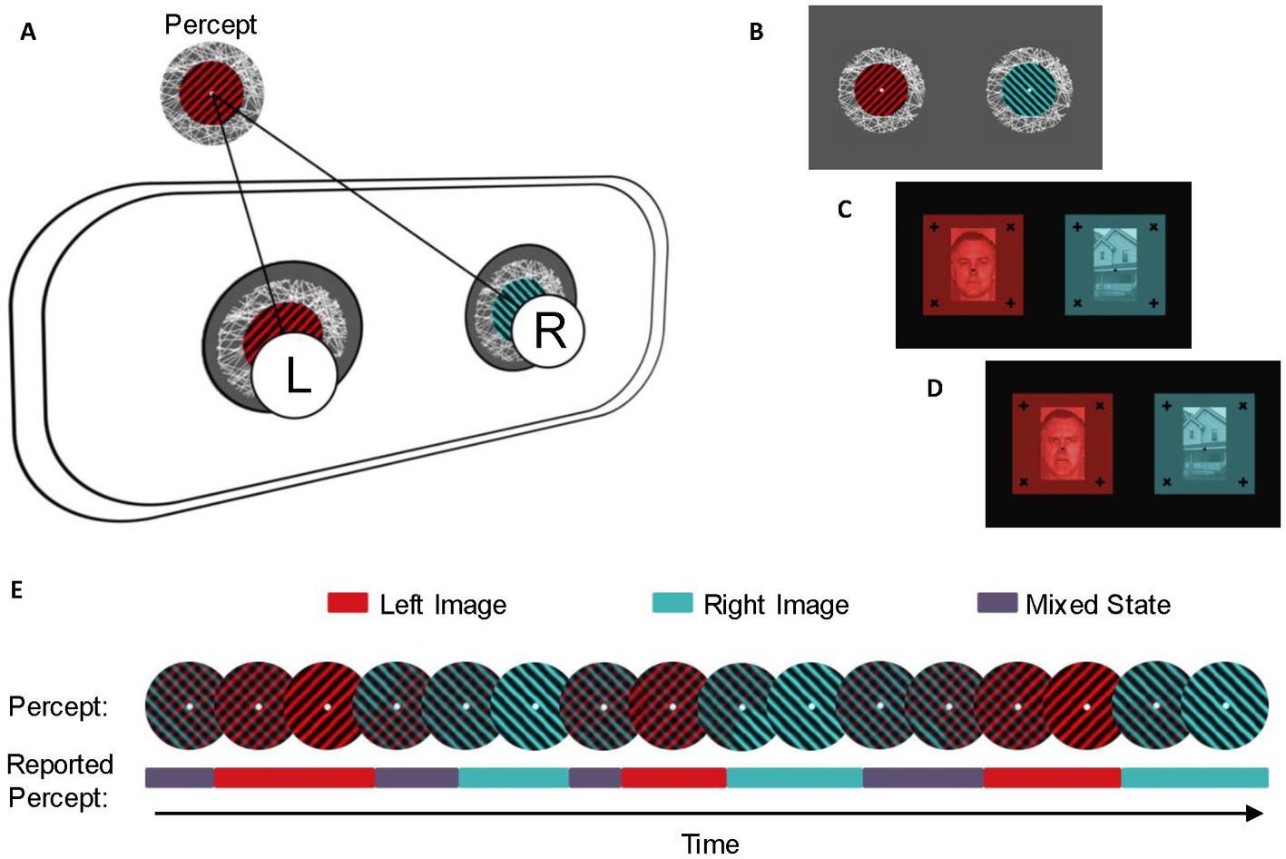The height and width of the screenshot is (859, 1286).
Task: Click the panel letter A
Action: coord(28,33)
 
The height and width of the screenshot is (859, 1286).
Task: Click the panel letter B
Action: coord(756,33)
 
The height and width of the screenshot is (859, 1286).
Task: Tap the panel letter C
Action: coord(844,210)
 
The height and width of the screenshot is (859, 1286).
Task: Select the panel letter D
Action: coord(934,389)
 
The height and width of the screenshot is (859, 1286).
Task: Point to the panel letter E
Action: coord(16,590)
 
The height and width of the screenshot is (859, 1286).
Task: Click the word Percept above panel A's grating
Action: coord(211,25)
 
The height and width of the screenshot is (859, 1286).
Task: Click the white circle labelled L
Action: coord(295,375)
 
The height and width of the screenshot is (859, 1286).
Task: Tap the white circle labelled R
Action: coord(548,331)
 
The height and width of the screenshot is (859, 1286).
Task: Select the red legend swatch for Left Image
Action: coord(348,603)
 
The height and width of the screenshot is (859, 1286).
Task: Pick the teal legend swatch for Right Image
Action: coord(672,603)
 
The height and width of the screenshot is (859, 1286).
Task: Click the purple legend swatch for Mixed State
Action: coord(996,603)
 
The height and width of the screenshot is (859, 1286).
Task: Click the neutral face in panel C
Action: coord(973,265)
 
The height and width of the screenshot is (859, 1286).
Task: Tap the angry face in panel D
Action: coord(1062,444)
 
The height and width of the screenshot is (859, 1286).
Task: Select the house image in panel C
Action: coord(1114,264)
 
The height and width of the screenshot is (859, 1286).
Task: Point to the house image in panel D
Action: coord(1204,443)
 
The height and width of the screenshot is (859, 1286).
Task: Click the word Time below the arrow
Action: coord(710,844)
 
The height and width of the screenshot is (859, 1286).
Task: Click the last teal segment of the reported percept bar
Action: coord(1194,777)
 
